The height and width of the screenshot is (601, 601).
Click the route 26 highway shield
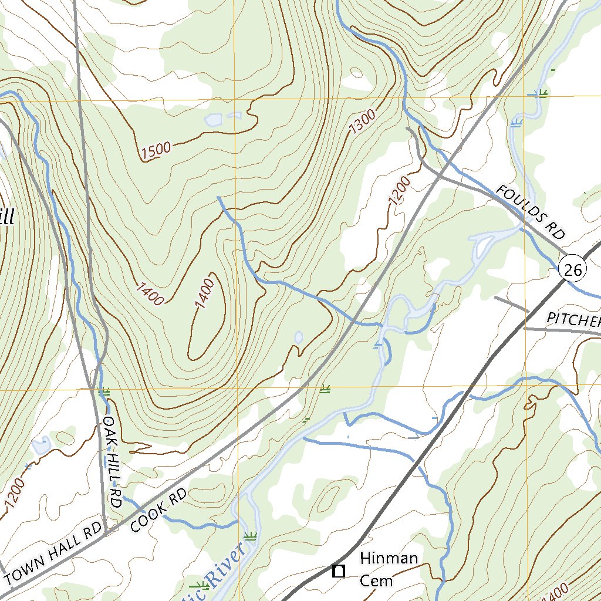(572, 269)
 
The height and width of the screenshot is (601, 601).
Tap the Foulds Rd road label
(529, 212)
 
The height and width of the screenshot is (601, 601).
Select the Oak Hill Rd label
(111, 462)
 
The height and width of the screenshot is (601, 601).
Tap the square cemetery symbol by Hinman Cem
(337, 570)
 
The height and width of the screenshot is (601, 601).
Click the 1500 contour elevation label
(156, 151)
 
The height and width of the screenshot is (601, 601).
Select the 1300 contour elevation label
(362, 123)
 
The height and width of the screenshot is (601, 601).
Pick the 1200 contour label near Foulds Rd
(400, 191)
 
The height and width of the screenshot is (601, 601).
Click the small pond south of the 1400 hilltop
(298, 337)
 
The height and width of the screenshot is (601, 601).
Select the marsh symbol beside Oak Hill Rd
(106, 391)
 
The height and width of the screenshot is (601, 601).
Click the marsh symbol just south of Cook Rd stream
(250, 535)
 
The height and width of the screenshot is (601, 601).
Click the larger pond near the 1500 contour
(213, 121)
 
